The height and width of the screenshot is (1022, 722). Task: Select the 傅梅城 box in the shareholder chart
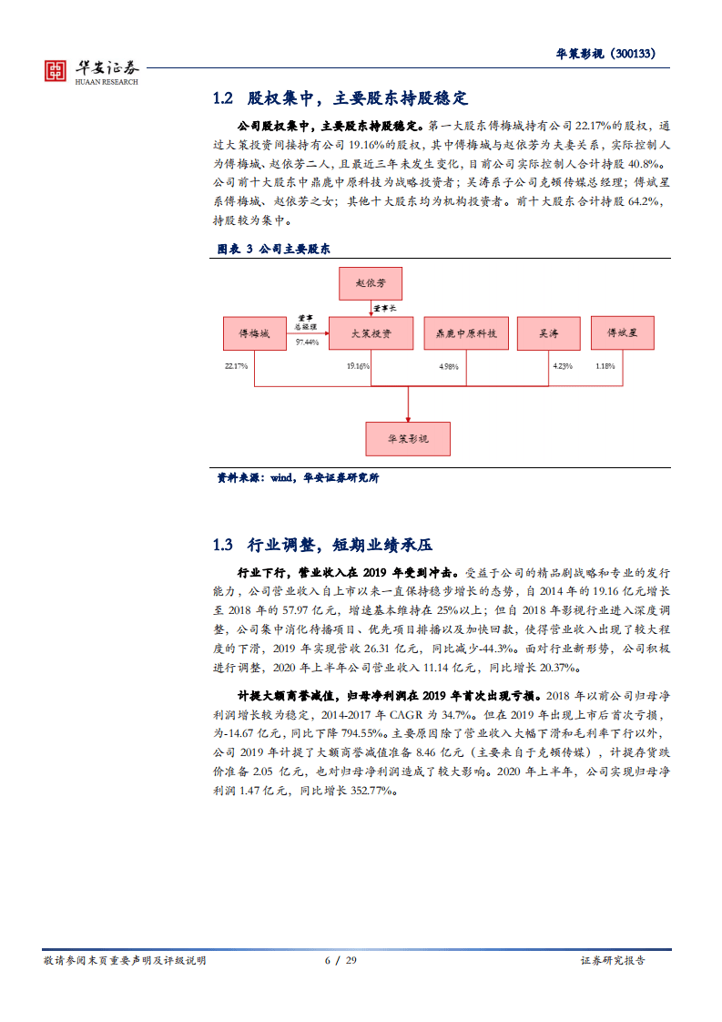tap(254, 334)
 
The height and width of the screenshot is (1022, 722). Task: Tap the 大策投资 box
tap(371, 334)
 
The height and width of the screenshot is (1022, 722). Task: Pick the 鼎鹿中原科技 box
tap(461, 334)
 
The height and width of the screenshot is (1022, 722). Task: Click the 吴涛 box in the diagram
tap(549, 334)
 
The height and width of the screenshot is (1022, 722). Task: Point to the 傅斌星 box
tap(622, 332)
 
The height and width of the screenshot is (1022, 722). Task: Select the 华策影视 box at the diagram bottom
tap(407, 438)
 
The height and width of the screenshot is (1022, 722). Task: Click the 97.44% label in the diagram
tap(307, 342)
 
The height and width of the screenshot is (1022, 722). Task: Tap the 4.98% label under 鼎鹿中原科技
tap(447, 366)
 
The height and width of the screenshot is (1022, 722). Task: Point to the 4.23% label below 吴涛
tap(562, 366)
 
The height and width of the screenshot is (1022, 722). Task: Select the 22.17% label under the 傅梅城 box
tap(236, 366)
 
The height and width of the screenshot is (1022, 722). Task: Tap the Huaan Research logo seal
tap(56, 71)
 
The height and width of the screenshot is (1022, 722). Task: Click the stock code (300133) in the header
tap(635, 53)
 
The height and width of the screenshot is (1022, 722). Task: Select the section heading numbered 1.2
tap(340, 98)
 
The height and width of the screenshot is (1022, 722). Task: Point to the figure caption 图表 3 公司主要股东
tap(272, 249)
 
